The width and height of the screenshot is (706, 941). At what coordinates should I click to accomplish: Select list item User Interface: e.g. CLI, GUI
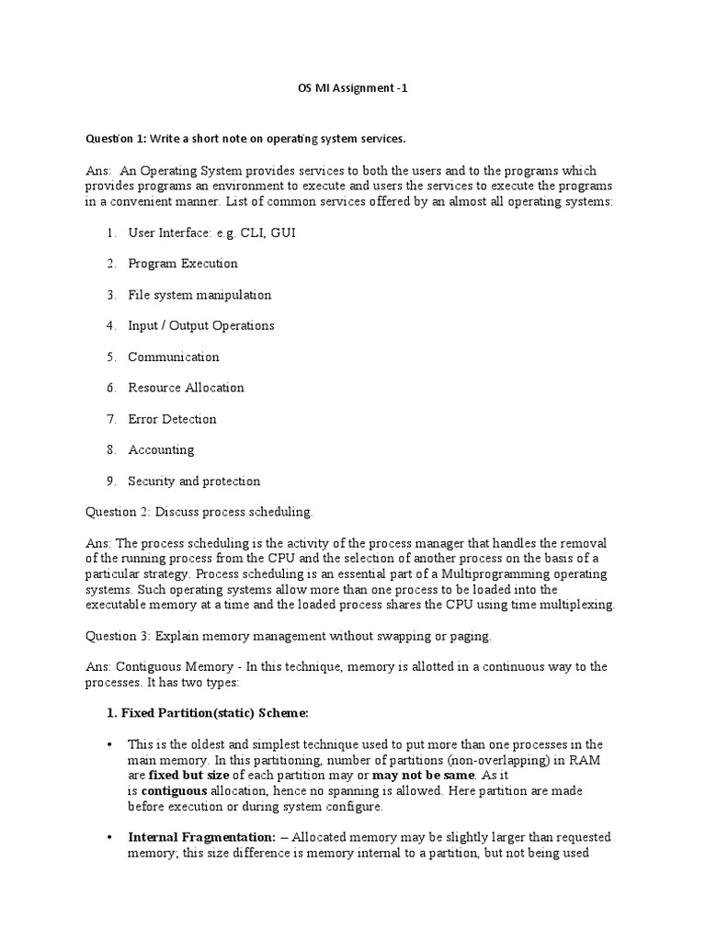point(211,232)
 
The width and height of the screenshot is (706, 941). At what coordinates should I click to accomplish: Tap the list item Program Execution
point(182,264)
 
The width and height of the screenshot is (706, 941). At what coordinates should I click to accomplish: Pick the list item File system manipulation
point(199,295)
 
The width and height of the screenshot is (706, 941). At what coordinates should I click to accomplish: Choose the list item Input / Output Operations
point(200,325)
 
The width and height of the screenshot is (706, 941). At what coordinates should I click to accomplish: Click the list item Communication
point(173,357)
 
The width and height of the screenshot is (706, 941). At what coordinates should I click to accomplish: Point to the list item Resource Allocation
point(186,388)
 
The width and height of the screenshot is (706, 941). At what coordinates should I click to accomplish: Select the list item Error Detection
point(172,419)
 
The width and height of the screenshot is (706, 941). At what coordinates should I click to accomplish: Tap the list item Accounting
point(161,449)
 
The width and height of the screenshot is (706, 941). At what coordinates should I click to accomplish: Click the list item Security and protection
point(193,481)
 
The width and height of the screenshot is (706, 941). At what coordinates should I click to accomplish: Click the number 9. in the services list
point(110,481)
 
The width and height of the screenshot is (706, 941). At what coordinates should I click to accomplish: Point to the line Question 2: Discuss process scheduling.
point(199,512)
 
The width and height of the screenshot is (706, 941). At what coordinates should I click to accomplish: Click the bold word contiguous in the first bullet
point(175,791)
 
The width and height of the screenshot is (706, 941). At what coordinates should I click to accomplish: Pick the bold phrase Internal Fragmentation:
point(201,837)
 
